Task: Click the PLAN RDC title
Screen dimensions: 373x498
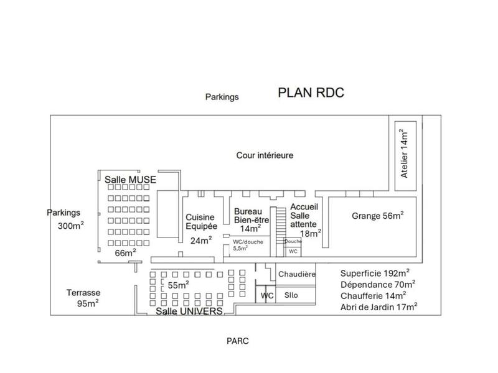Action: point(311,93)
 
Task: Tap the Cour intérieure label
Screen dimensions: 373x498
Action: point(265,155)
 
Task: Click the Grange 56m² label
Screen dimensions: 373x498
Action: point(378,216)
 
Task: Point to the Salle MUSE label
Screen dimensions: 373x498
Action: point(130,179)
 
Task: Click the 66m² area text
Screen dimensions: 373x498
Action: point(125,252)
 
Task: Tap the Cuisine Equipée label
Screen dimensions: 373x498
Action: point(200,222)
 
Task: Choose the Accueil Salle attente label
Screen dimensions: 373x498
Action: point(305,219)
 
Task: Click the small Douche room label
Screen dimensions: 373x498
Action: point(293,241)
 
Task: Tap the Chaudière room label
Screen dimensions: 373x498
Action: point(297,274)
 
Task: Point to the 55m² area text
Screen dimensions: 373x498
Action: point(177,285)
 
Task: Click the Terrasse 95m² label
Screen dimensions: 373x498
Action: point(83,298)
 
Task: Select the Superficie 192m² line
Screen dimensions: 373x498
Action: point(375,273)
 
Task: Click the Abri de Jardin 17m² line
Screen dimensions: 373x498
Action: point(378,306)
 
